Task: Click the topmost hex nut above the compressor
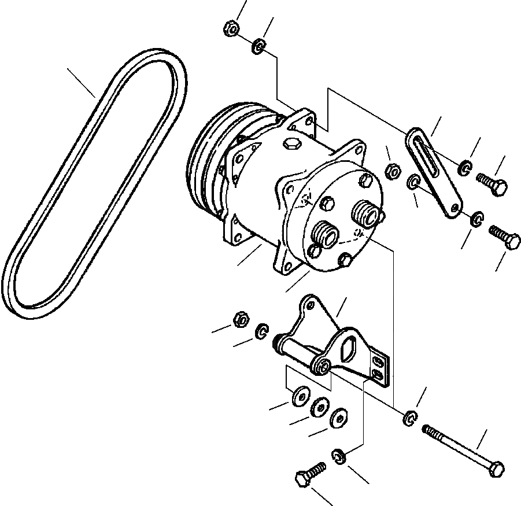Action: (230, 27)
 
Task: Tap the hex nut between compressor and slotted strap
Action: (392, 170)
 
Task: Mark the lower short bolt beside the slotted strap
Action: (505, 238)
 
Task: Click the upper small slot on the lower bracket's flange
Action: (378, 362)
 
